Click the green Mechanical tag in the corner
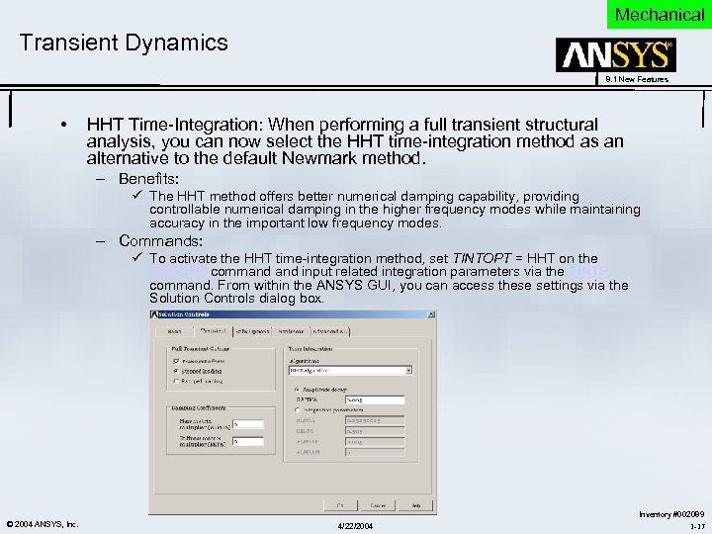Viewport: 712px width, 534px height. (x=659, y=14)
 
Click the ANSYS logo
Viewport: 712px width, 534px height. (x=615, y=55)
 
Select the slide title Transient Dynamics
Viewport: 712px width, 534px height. (x=124, y=43)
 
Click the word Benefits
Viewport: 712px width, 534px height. (x=148, y=179)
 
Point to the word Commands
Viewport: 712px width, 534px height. (x=160, y=240)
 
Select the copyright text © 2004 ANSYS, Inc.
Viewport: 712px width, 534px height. (x=43, y=523)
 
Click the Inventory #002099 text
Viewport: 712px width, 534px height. (x=670, y=514)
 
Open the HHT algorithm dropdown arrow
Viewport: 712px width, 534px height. (x=406, y=370)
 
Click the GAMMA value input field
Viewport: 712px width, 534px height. (x=375, y=400)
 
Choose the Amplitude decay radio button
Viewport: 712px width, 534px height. (x=297, y=390)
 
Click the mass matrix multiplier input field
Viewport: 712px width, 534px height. (x=247, y=423)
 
